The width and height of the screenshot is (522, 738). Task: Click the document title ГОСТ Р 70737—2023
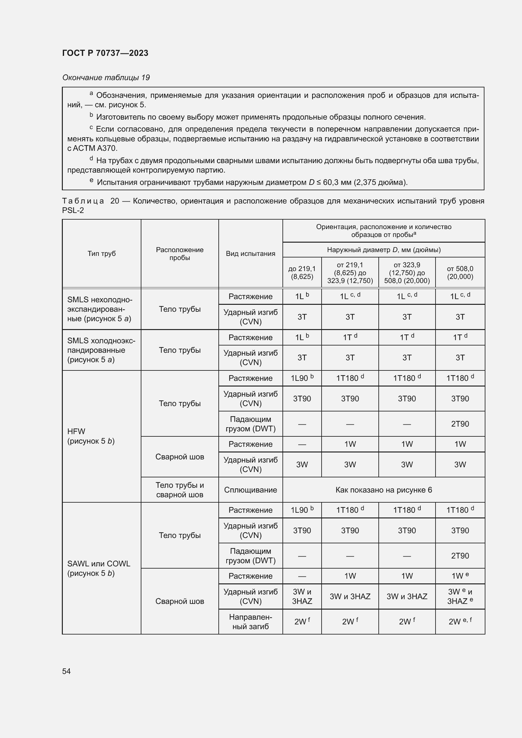105,53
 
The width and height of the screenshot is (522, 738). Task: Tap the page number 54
66,671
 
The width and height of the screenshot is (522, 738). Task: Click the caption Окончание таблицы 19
106,78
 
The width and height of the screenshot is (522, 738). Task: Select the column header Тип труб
101,254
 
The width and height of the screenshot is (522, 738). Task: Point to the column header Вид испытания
250,254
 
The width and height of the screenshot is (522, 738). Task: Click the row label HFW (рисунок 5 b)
91,436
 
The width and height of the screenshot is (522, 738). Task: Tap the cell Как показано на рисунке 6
383,490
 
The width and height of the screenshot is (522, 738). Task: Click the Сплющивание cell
250,490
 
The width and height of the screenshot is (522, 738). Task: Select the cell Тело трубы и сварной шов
179,490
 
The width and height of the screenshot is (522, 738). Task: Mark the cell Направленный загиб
250,622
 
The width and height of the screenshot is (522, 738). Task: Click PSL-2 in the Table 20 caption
73,210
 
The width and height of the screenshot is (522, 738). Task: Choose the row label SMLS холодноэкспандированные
101,350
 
